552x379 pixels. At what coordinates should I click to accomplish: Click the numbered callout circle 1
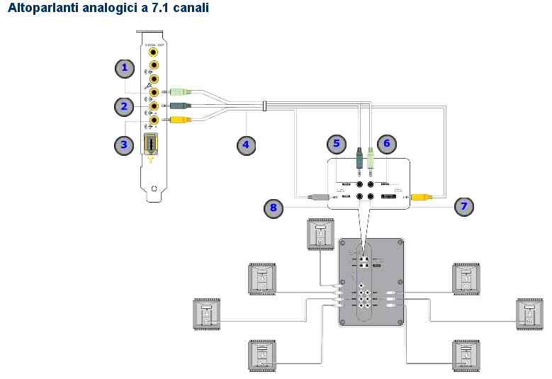125,68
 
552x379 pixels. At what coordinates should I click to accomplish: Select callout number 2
124,107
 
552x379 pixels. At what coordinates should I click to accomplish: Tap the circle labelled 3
124,145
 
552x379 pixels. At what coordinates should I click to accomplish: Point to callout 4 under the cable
245,145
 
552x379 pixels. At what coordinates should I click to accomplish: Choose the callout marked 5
337,143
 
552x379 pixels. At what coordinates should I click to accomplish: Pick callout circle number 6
386,143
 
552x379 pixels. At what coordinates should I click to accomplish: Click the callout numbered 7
464,206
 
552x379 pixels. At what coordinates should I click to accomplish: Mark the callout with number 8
273,208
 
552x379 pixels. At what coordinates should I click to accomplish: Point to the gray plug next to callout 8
315,197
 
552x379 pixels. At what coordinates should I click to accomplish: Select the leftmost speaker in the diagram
208,314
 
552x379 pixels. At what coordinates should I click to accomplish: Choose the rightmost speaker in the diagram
529,314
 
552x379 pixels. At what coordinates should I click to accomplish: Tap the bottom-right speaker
466,355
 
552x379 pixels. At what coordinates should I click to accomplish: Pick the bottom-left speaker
261,355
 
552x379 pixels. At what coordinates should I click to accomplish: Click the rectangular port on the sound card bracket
151,145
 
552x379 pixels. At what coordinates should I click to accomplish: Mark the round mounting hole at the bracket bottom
154,188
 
